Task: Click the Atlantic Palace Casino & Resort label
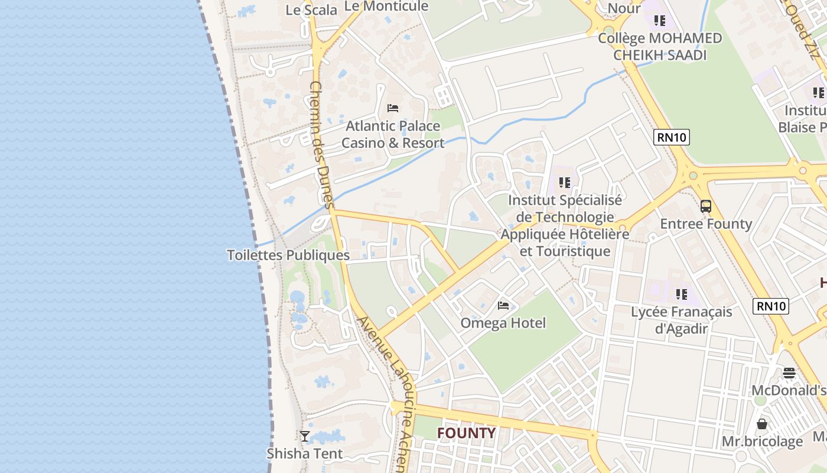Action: tap(393, 134)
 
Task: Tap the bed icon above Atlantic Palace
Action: tap(393, 108)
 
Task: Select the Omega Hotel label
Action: tap(503, 323)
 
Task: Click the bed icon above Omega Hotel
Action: tap(503, 305)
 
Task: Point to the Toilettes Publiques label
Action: tap(288, 255)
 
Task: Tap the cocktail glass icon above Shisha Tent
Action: tap(305, 436)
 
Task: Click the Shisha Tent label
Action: tap(305, 453)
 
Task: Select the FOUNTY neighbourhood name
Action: tap(466, 433)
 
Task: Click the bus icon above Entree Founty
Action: tap(706, 206)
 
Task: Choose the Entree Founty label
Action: tap(706, 224)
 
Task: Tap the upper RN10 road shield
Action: tap(672, 138)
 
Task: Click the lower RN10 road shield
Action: tap(771, 306)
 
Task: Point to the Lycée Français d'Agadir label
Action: tap(682, 320)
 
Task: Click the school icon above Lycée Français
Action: tap(682, 294)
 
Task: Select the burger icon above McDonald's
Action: tap(789, 373)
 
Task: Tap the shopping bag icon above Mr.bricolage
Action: tap(762, 424)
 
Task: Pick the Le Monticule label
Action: tap(386, 7)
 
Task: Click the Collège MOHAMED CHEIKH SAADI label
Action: tap(660, 47)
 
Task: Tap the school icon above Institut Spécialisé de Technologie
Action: tap(565, 183)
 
